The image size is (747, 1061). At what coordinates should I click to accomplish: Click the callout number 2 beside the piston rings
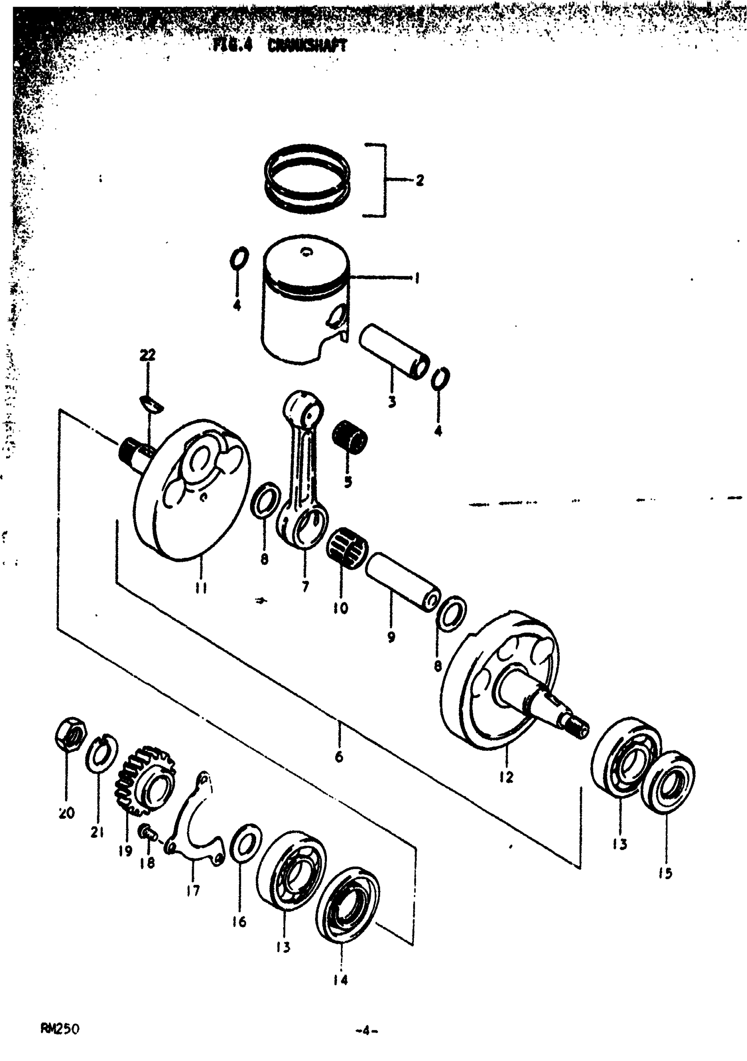click(x=420, y=180)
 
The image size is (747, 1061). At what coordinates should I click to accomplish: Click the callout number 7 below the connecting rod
click(x=305, y=587)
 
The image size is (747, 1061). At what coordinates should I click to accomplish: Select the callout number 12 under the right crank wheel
click(x=507, y=777)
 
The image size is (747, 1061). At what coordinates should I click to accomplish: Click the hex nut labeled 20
click(x=69, y=735)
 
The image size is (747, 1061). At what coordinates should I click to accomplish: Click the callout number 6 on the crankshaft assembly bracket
click(x=339, y=757)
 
